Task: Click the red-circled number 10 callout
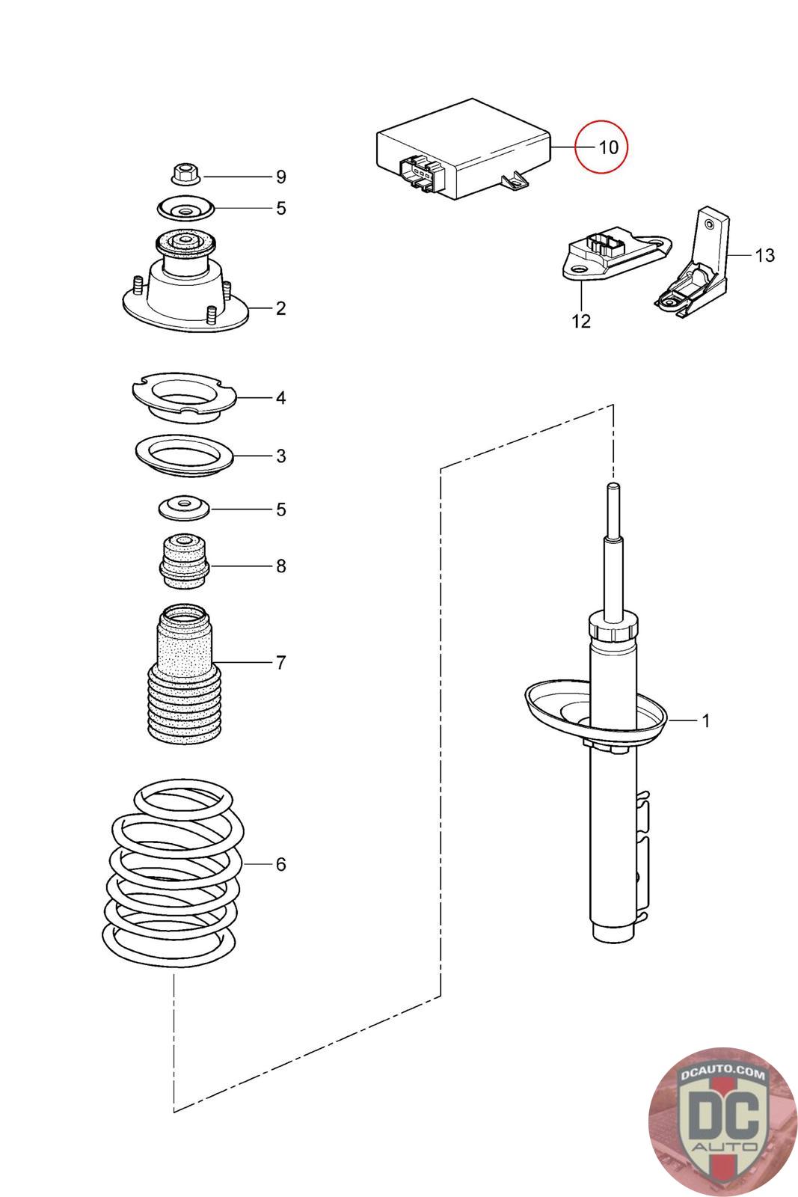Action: click(x=608, y=147)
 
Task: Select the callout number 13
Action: click(x=764, y=255)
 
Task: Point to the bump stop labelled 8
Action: click(x=183, y=562)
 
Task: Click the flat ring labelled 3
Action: click(x=184, y=456)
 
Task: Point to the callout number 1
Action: click(x=705, y=720)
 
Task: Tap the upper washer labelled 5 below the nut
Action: click(x=184, y=207)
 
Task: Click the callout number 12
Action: click(x=581, y=321)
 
